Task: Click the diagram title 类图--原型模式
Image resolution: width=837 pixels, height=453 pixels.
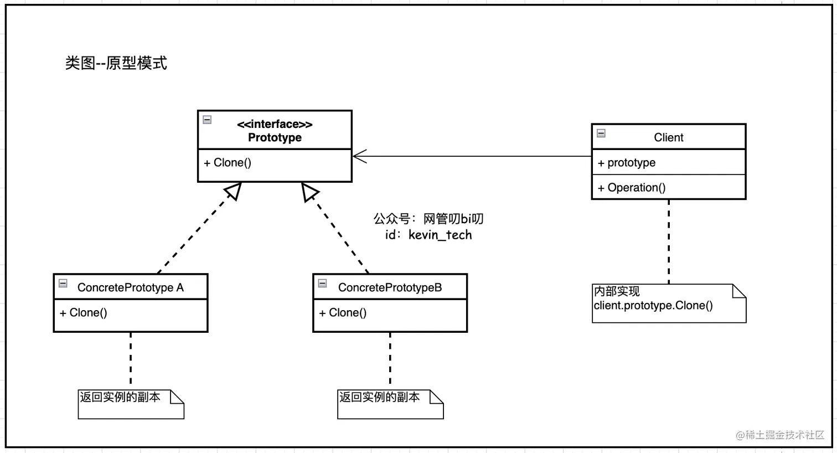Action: click(x=116, y=63)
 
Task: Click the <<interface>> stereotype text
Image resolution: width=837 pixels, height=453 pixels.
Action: click(x=275, y=124)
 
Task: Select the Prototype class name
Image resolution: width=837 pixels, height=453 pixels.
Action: click(x=275, y=138)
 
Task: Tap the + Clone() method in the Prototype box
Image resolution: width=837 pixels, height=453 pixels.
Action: click(x=228, y=163)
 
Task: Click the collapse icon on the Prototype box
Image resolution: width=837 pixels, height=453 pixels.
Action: click(x=207, y=120)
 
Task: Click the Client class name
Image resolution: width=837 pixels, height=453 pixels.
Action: click(x=668, y=137)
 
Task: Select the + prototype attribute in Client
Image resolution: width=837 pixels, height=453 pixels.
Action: click(x=627, y=163)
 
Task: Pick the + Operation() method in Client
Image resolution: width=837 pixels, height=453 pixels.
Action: click(x=632, y=188)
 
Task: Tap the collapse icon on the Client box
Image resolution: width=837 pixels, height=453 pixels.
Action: click(x=601, y=133)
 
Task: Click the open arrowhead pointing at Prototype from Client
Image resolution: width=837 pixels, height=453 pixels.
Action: click(x=359, y=157)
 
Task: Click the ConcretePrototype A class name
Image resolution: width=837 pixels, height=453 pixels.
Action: click(x=130, y=287)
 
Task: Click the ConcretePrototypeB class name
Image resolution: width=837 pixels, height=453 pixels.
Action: click(x=390, y=287)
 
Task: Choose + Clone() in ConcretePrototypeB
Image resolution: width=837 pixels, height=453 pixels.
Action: click(x=343, y=313)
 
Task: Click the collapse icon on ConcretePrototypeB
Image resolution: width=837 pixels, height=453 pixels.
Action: click(x=322, y=284)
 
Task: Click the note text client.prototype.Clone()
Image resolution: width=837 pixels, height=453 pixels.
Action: click(x=653, y=306)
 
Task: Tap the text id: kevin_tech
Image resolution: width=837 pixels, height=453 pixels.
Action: click(x=428, y=235)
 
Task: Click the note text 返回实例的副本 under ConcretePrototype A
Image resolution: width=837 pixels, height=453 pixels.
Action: click(x=120, y=397)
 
